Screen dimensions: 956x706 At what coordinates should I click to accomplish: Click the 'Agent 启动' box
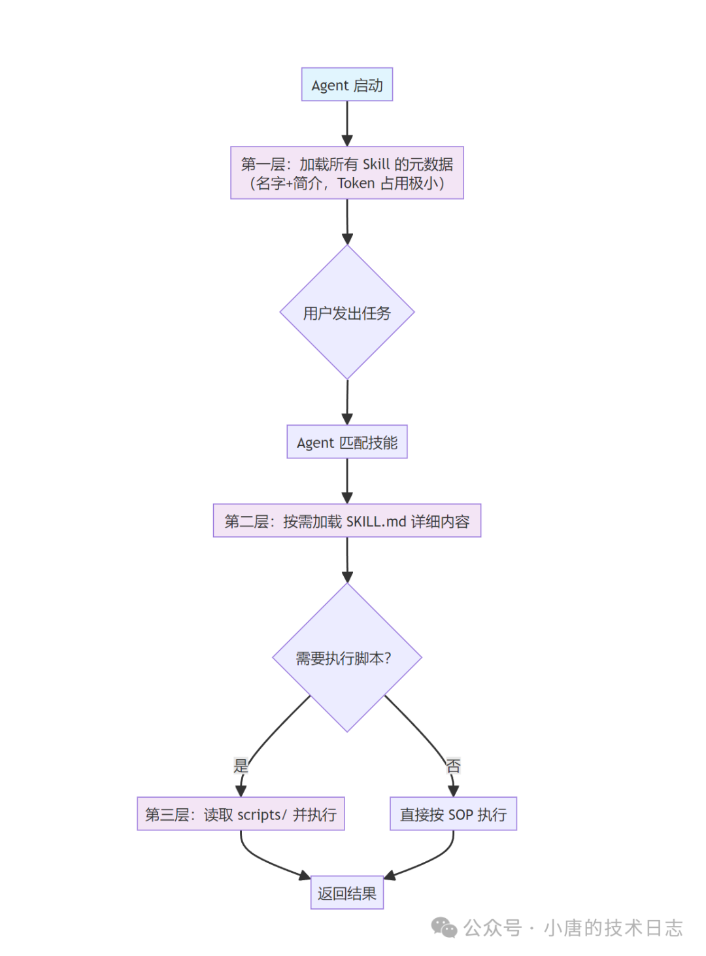click(347, 85)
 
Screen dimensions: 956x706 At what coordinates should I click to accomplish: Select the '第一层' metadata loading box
click(347, 173)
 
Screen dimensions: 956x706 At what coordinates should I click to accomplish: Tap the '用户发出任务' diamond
click(347, 313)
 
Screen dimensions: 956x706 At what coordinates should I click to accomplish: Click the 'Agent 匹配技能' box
click(347, 442)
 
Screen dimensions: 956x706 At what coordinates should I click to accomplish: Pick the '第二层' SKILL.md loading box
click(347, 521)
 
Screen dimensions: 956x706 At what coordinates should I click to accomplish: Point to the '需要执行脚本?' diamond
click(347, 658)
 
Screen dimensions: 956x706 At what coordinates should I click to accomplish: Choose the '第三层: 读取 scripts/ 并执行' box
click(241, 814)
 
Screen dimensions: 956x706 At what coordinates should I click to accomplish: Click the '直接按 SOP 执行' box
click(453, 814)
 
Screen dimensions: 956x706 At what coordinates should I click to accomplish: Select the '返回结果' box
click(347, 893)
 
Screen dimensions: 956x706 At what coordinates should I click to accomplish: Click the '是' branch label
click(241, 766)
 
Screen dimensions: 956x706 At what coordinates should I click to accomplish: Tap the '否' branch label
click(453, 766)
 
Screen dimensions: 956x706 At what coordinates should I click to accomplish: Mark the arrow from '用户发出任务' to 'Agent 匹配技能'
click(347, 401)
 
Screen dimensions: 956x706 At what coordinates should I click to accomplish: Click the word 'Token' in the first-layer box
click(356, 184)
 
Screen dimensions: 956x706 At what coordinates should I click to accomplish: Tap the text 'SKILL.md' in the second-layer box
click(376, 522)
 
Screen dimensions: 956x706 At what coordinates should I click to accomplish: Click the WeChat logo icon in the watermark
click(444, 927)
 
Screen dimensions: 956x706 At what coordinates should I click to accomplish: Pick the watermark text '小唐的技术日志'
click(613, 928)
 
